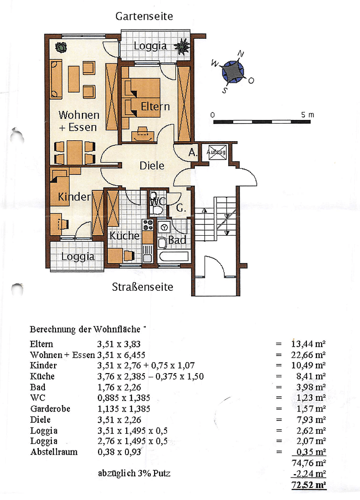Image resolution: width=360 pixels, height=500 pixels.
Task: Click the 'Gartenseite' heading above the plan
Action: (144, 16)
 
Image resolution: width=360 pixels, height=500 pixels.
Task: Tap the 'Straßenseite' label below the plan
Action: (143, 287)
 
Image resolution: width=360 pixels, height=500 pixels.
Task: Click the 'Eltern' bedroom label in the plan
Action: (155, 106)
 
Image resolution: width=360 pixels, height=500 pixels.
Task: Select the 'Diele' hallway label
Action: (152, 166)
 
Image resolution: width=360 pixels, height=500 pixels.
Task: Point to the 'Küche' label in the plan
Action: (124, 236)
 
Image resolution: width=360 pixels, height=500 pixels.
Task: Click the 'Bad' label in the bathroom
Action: (177, 240)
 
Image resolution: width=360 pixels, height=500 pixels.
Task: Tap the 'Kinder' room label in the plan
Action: (74, 197)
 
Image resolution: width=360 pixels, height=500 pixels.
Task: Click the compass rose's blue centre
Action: (233, 72)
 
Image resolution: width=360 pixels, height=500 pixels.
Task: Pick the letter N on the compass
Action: (241, 54)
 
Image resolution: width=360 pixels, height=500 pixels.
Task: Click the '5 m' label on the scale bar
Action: (307, 115)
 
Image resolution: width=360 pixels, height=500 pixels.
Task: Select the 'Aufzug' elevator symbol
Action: (216, 152)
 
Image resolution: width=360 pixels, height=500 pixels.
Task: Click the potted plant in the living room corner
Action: (61, 48)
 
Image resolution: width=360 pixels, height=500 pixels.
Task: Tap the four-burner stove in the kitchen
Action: (148, 225)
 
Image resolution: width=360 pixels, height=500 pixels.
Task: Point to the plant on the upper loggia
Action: (182, 46)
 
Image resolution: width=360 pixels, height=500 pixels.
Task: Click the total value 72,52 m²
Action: (309, 485)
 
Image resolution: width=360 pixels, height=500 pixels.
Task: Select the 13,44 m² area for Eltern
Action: (308, 344)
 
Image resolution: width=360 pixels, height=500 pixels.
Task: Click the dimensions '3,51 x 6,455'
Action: (121, 355)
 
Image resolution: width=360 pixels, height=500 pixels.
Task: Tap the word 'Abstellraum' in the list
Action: (54, 452)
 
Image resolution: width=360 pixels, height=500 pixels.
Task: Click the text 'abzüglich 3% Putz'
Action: (134, 474)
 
